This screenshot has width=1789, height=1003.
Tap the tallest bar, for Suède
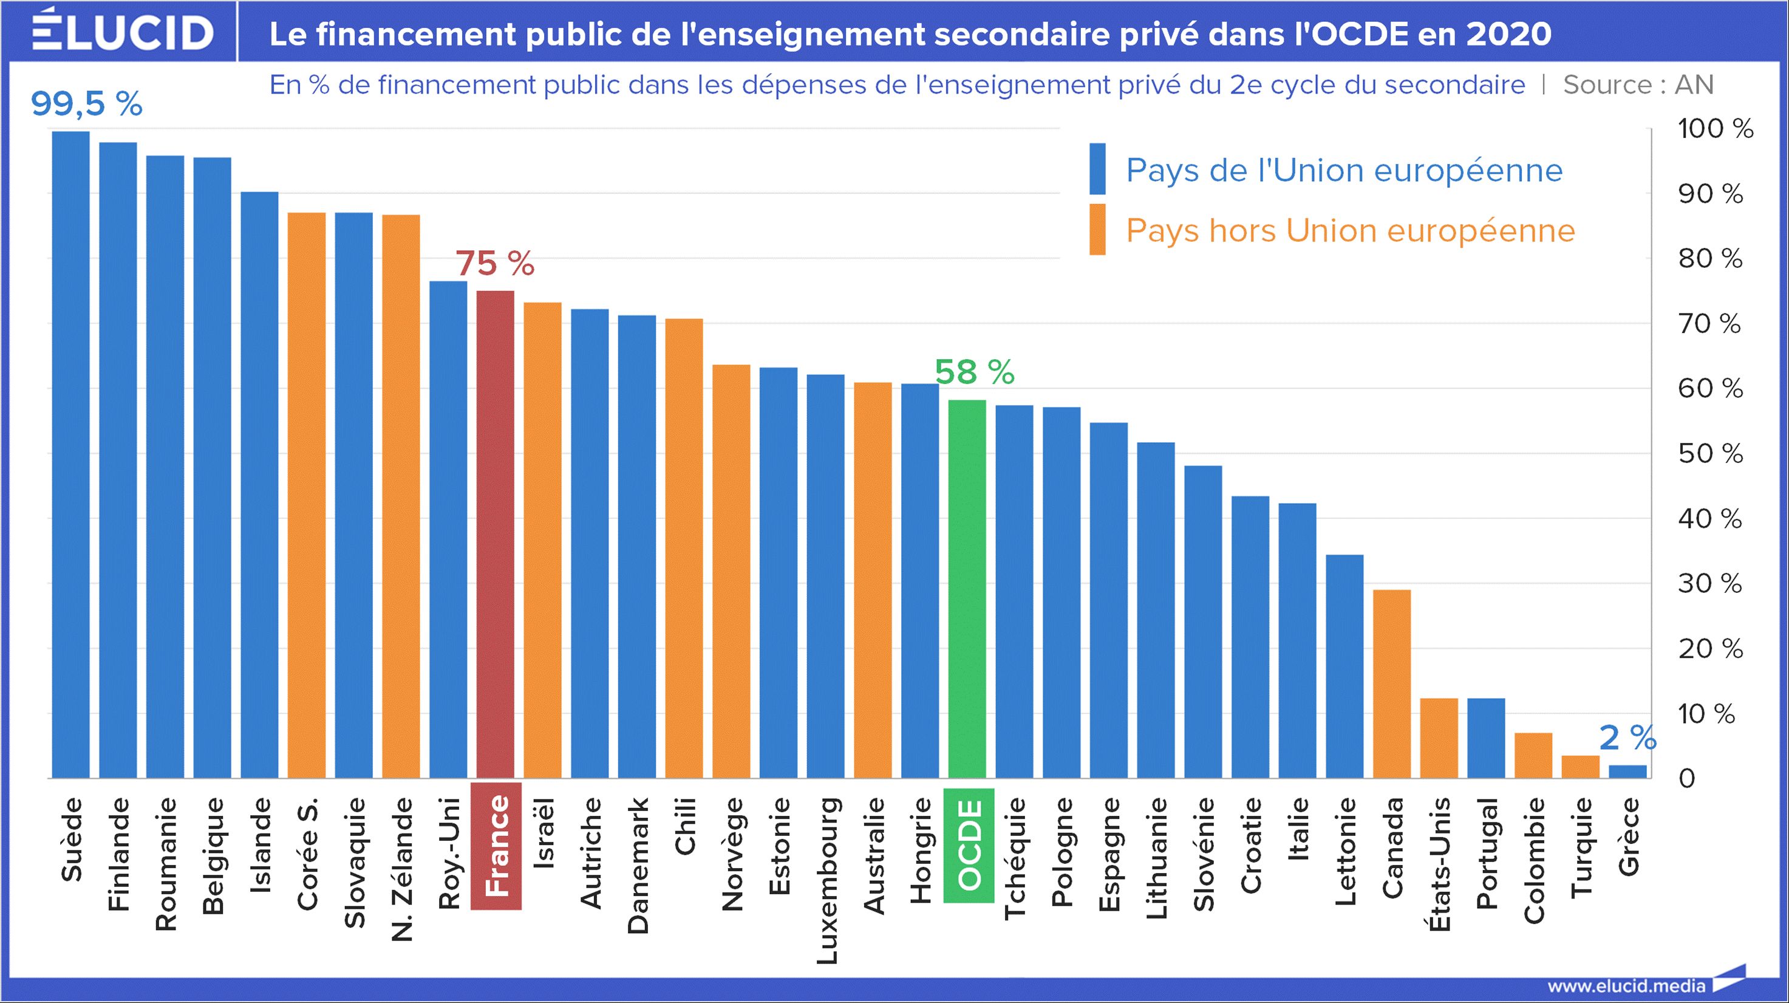[x=71, y=454]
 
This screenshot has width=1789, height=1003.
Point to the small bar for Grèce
[x=1627, y=771]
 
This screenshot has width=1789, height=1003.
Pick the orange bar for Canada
[x=1392, y=683]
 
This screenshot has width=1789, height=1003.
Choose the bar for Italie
[x=1297, y=640]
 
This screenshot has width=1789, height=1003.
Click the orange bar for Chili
[x=684, y=548]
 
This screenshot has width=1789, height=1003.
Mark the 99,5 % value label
[x=87, y=104]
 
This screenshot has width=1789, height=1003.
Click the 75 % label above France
[x=495, y=264]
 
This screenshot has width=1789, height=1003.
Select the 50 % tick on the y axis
[x=1711, y=454]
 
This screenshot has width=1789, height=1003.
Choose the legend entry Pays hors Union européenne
[x=1350, y=231]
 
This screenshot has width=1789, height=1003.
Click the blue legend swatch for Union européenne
[x=1097, y=169]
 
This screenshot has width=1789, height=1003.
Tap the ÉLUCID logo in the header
[x=122, y=30]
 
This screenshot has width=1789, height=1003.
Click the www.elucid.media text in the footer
[x=1626, y=985]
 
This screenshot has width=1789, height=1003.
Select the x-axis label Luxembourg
[x=826, y=881]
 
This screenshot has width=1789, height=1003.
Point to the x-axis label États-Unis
[x=1440, y=864]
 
